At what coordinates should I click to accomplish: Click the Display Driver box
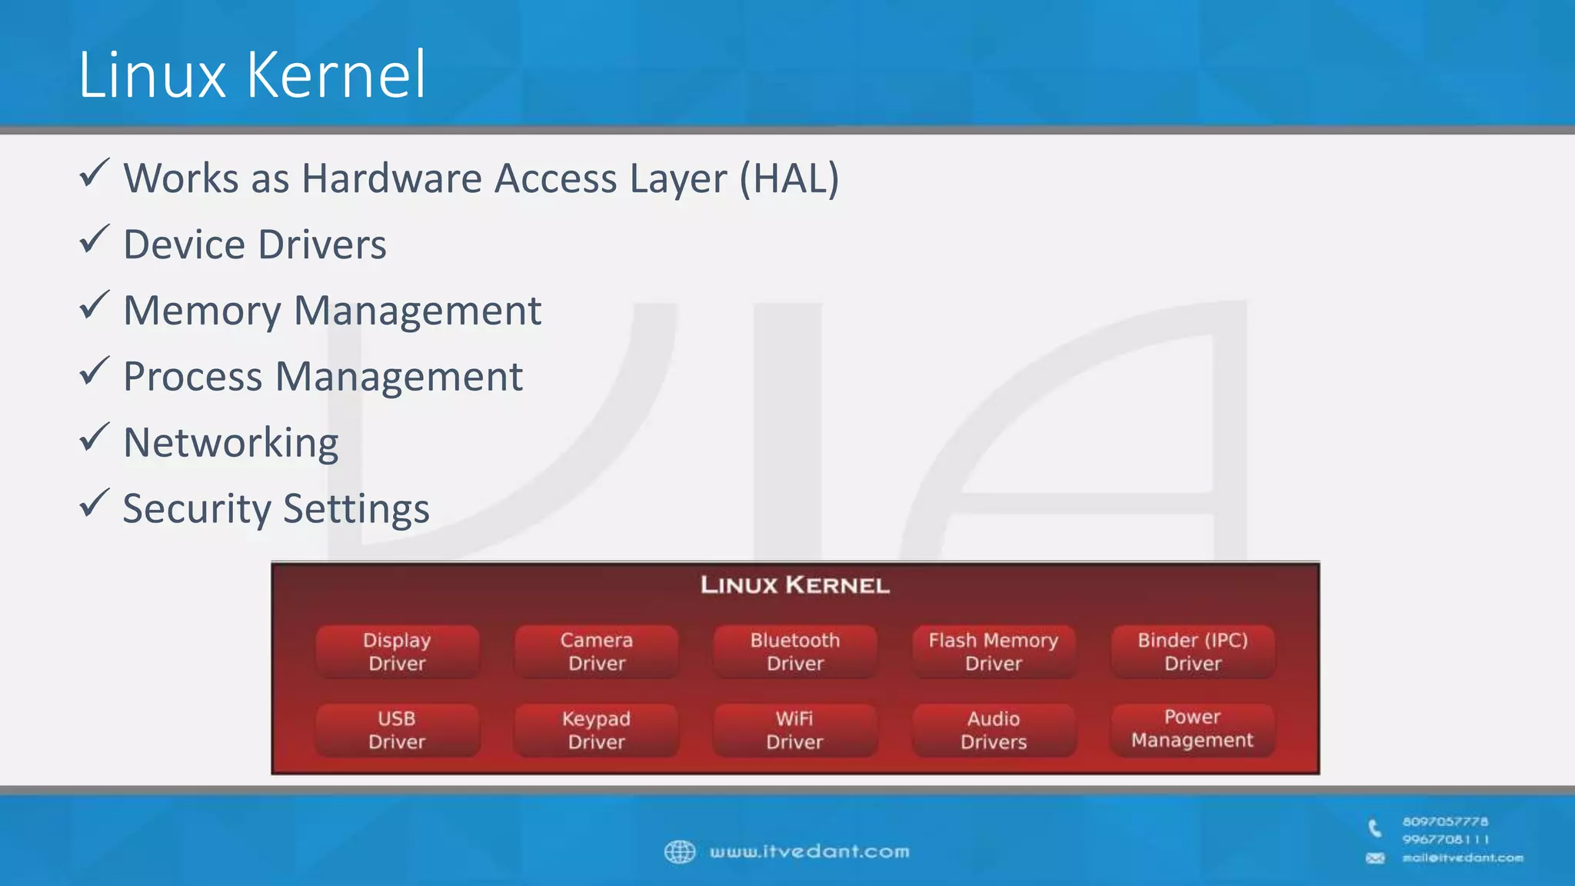tap(397, 651)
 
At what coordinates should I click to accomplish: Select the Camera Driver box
tap(596, 651)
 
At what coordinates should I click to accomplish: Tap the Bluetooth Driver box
tap(794, 651)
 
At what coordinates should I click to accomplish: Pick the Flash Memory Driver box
tap(993, 651)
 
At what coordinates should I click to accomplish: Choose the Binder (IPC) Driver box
tap(1192, 651)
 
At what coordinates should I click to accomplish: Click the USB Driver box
tap(397, 730)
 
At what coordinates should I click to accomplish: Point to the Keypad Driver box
tap(596, 730)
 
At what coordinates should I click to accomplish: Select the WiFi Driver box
tap(794, 730)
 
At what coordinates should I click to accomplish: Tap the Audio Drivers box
tap(993, 730)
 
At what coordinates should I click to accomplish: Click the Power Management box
tap(1192, 728)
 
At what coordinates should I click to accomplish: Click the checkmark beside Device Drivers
tap(94, 240)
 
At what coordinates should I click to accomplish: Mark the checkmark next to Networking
tap(94, 438)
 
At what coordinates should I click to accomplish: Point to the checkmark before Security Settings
tap(94, 504)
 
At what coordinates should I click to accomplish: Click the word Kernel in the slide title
tap(336, 75)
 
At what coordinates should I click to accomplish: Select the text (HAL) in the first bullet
tap(789, 178)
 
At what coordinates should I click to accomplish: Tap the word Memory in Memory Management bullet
tap(202, 311)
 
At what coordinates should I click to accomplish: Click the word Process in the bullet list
tap(193, 377)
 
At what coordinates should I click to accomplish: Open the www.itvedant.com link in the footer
tap(809, 851)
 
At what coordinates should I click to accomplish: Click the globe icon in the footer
tap(680, 851)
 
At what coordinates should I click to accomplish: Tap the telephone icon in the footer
tap(1374, 828)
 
